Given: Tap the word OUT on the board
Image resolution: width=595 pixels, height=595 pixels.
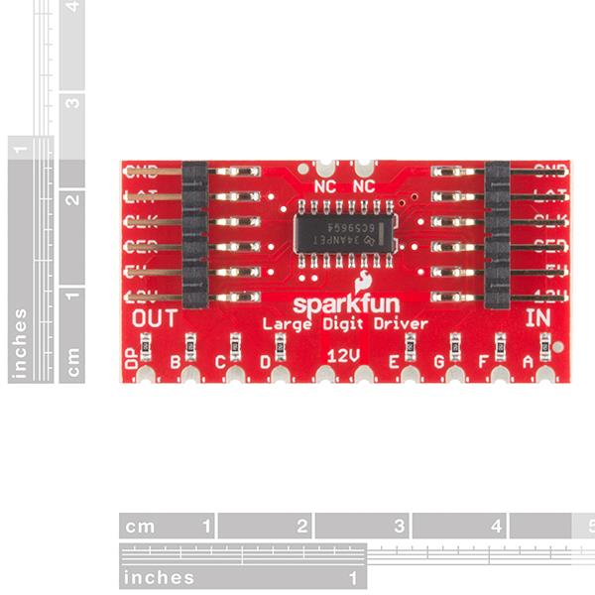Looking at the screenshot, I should point(154,318).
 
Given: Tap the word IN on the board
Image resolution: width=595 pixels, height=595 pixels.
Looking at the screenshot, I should point(538,318).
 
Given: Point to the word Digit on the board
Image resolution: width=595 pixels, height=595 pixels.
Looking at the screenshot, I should point(345,324).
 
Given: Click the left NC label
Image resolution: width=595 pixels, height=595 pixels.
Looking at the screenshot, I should point(324,186).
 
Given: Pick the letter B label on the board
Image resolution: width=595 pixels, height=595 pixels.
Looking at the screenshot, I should point(176,362).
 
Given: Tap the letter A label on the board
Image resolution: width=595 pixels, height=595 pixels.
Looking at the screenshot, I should point(527,362).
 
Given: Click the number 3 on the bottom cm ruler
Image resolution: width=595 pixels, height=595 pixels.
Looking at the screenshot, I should point(399,527).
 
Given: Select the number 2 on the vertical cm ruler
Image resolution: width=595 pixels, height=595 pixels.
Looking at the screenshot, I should point(71,199).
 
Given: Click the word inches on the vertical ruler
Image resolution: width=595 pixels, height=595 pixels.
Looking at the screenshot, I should point(20,343).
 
